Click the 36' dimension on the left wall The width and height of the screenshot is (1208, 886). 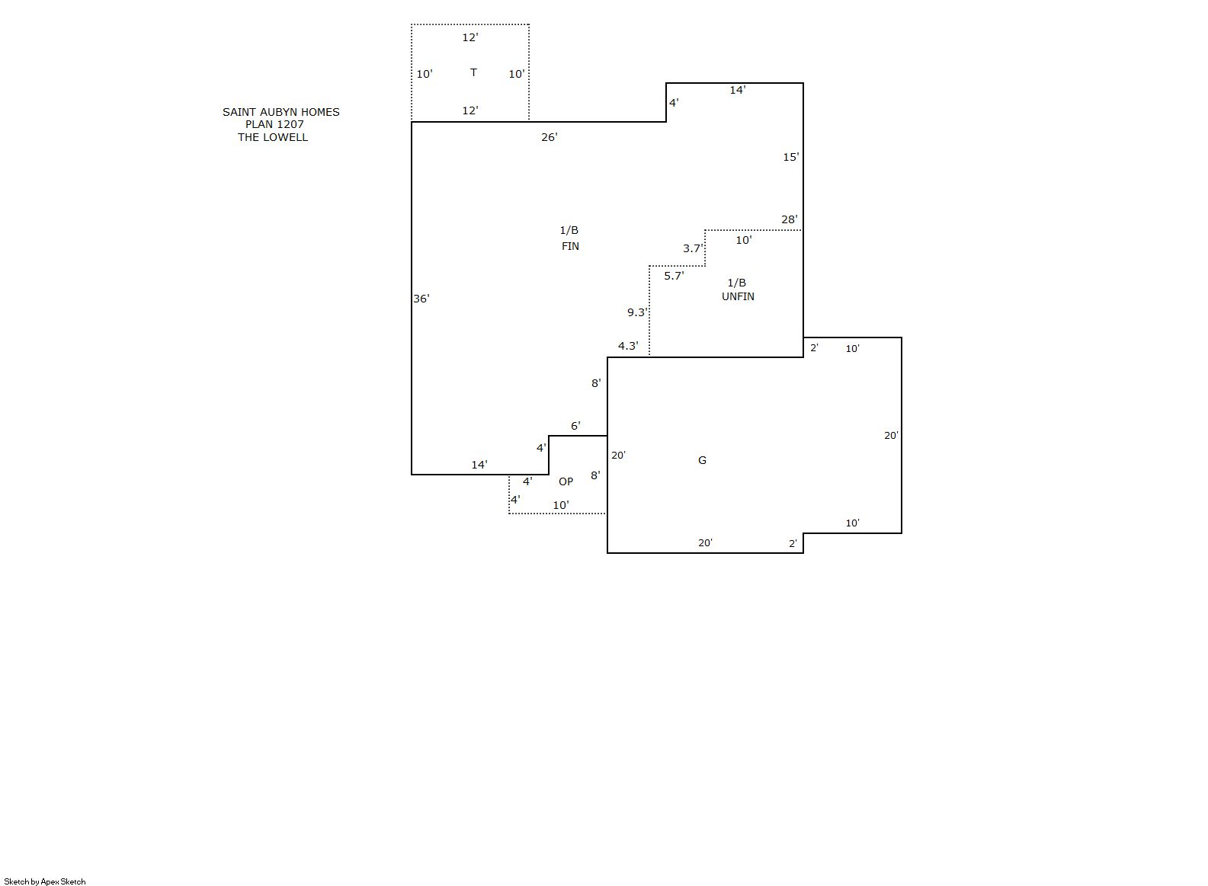(421, 299)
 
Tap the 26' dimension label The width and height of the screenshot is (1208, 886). (549, 137)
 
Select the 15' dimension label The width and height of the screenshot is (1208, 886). (790, 158)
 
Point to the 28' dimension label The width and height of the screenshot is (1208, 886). (789, 219)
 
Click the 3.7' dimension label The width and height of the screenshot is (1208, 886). (693, 248)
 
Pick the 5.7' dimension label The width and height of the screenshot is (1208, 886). (674, 276)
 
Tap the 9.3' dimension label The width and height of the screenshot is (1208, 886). (637, 312)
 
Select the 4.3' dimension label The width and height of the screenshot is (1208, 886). (628, 346)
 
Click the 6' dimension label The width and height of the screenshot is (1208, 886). (575, 427)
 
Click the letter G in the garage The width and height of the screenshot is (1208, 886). (702, 460)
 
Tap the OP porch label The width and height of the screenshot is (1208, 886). (566, 481)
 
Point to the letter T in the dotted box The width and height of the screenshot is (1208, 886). (473, 73)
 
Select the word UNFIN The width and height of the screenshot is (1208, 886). (738, 297)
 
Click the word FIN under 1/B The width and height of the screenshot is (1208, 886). (570, 246)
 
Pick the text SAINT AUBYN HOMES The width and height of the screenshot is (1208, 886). (281, 112)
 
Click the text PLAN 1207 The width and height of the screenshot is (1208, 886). (274, 124)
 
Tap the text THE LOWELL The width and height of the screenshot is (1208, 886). (273, 137)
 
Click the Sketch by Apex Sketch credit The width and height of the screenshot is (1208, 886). (45, 881)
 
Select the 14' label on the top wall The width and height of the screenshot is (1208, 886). (737, 91)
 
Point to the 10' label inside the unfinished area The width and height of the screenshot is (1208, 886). (743, 241)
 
